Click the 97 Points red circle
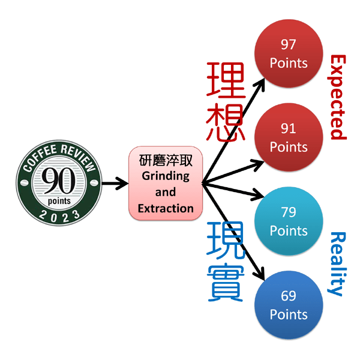coord(289,54)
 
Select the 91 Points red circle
coord(289,138)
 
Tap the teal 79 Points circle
coord(289,221)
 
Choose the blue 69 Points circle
coord(289,305)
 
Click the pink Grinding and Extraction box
coord(166,184)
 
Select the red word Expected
coord(338,96)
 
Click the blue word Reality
coord(338,263)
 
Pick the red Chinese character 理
coord(226,80)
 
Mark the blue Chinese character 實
coord(226,282)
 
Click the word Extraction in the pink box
coord(166,209)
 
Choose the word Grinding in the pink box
coord(166,176)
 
